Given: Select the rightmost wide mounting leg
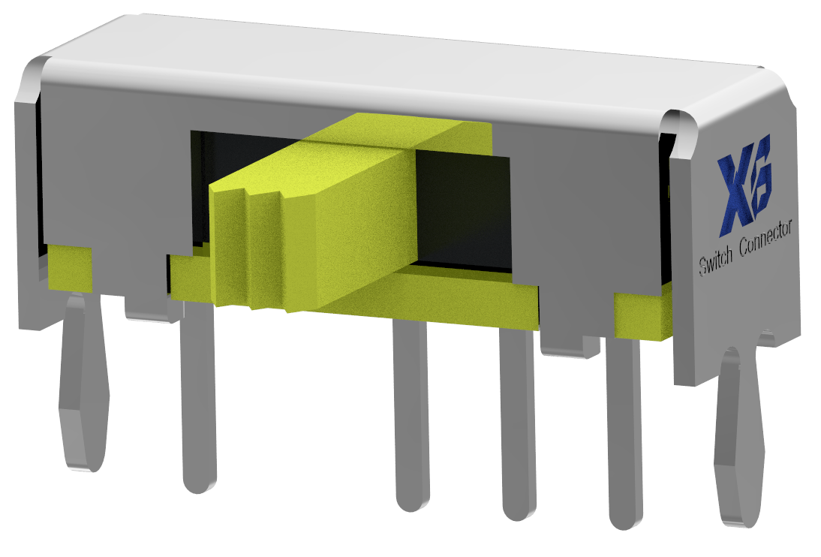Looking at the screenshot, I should [x=739, y=435].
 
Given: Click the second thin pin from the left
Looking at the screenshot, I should [x=410, y=413].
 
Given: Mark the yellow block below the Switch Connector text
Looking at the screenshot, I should [x=642, y=315].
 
